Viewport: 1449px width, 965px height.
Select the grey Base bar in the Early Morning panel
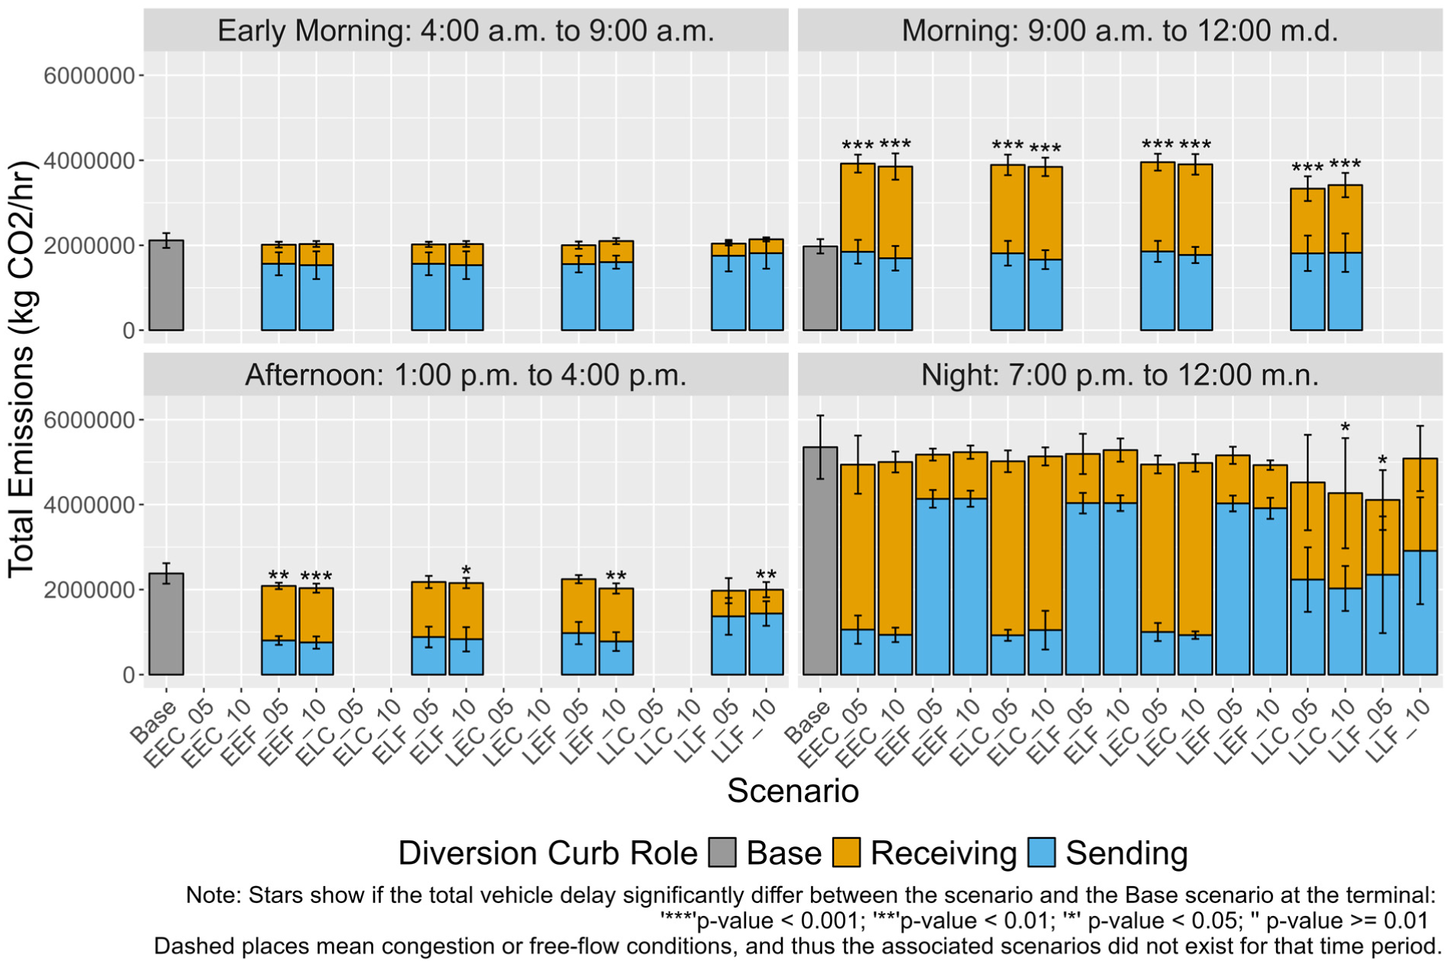166,285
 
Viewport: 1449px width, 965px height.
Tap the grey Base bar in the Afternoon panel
166,624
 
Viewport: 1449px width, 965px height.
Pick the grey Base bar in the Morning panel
819,289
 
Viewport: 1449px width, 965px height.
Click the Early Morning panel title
466,31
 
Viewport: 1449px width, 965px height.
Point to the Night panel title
1120,375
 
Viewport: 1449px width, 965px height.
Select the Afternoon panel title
466,375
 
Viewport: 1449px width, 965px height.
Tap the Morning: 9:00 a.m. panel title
1120,31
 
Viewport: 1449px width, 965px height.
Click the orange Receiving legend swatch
846,853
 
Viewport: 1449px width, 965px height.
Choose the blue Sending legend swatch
1041,853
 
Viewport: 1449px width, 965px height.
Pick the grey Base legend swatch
721,853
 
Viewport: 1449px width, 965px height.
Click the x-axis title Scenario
793,791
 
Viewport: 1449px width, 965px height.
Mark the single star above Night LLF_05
1382,461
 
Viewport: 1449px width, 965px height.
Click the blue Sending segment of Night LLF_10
1420,612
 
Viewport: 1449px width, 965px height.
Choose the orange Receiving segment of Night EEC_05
857,546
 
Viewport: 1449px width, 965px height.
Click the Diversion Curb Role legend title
548,853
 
